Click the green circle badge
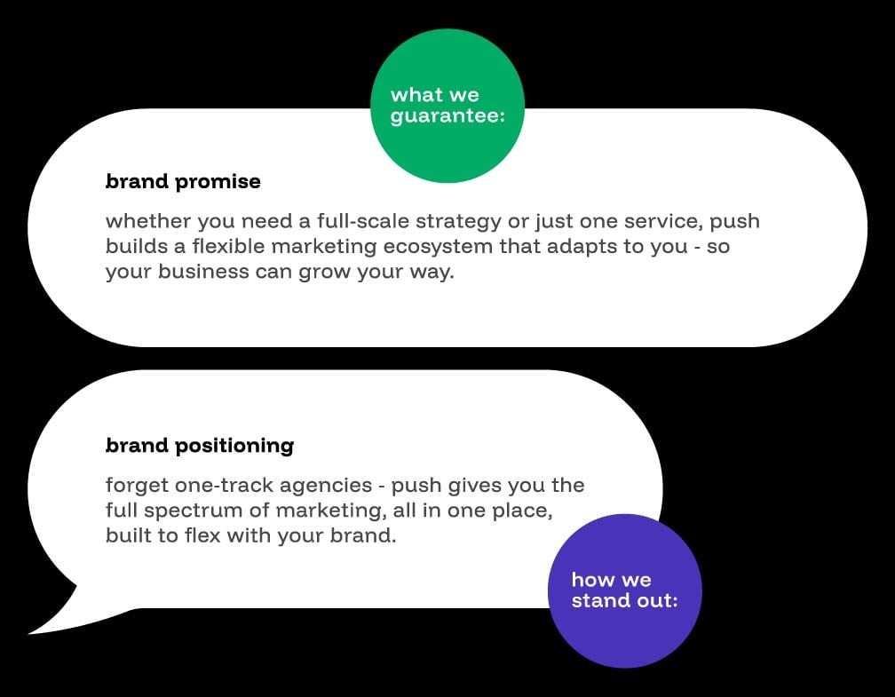(447, 106)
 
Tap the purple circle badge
(625, 590)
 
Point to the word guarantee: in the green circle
(448, 116)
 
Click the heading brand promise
(183, 181)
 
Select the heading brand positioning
(200, 446)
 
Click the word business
(204, 271)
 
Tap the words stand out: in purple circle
(624, 600)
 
